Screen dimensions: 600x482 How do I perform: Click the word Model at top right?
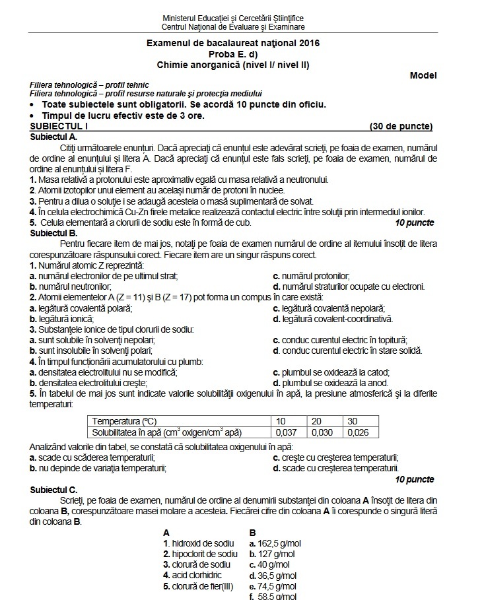pyautogui.click(x=423, y=75)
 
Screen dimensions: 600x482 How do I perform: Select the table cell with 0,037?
pyautogui.click(x=285, y=433)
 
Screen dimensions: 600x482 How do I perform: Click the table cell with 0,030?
pyautogui.click(x=326, y=433)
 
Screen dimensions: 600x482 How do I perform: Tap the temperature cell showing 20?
pyautogui.click(x=317, y=421)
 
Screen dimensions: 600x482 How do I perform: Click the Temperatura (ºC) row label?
pyautogui.click(x=125, y=421)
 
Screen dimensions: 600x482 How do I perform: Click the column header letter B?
pyautogui.click(x=253, y=532)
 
